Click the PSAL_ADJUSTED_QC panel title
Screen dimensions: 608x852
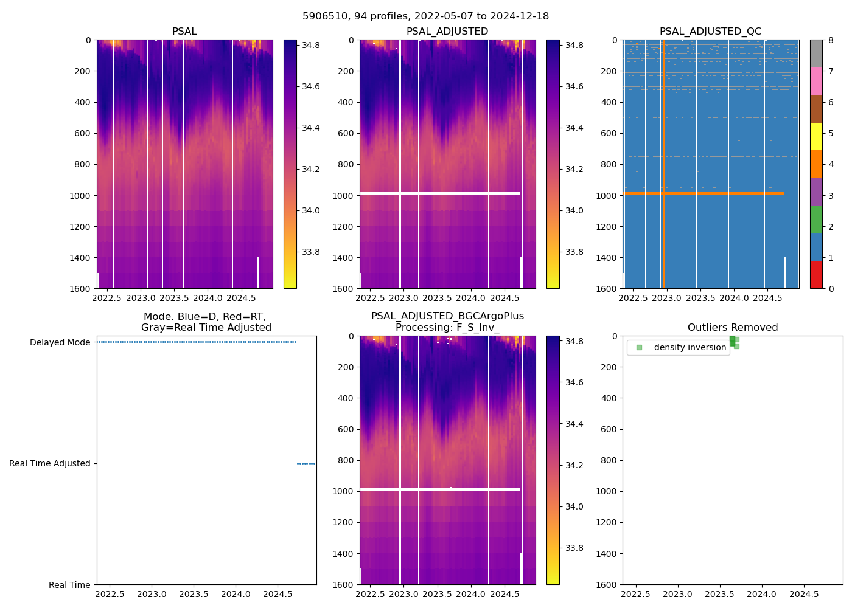[x=710, y=32]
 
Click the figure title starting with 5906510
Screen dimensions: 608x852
[x=426, y=16]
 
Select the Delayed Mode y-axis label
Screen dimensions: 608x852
[x=60, y=342]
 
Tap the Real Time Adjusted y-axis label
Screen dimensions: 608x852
[x=50, y=463]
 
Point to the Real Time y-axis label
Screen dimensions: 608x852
[x=69, y=585]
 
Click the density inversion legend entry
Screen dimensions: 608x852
[x=690, y=348]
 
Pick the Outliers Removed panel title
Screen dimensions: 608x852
[x=733, y=328]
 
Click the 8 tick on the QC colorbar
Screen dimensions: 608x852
[x=829, y=40]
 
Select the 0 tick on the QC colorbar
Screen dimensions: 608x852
[x=829, y=289]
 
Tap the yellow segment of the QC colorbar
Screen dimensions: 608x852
[x=816, y=137]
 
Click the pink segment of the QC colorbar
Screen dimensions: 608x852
[x=816, y=81]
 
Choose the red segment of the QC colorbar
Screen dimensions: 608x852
[x=816, y=275]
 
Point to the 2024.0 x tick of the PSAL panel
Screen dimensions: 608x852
[x=208, y=299]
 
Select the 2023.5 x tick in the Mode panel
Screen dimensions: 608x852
[x=194, y=595]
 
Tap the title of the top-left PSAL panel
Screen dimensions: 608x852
[x=184, y=32]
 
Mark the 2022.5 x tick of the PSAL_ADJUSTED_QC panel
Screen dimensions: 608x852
[x=634, y=299]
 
